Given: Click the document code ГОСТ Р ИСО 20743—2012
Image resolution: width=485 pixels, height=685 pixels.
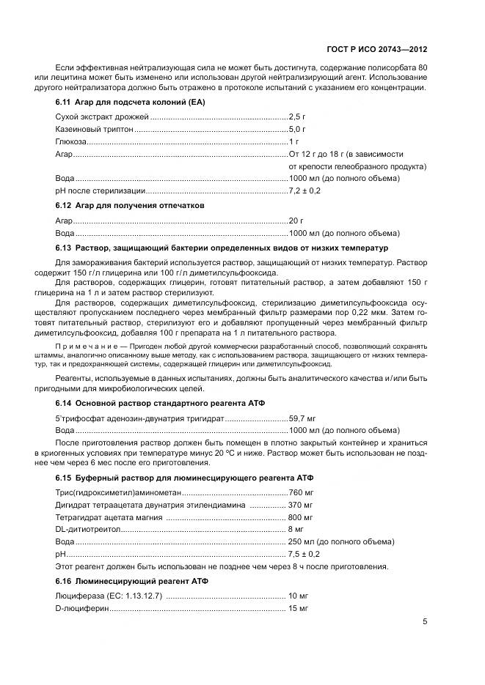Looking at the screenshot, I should [376, 50].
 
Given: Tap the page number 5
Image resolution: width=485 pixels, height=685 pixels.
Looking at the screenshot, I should [425, 621].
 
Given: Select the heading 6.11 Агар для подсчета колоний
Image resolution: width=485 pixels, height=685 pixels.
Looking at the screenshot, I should [130, 102].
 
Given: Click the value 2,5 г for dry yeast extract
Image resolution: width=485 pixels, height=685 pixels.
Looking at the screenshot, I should [297, 116].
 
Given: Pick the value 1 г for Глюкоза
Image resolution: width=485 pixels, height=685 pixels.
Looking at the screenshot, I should [293, 141].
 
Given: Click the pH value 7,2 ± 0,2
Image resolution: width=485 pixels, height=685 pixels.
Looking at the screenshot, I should [305, 190].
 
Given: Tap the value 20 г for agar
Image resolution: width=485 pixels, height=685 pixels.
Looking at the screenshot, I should [296, 220].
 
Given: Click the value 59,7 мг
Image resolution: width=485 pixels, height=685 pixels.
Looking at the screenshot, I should [303, 418].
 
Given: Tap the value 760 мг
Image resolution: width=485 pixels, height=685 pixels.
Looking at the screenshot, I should [301, 492].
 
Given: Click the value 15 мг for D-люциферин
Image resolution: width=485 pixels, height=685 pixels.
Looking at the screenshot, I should [298, 609].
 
